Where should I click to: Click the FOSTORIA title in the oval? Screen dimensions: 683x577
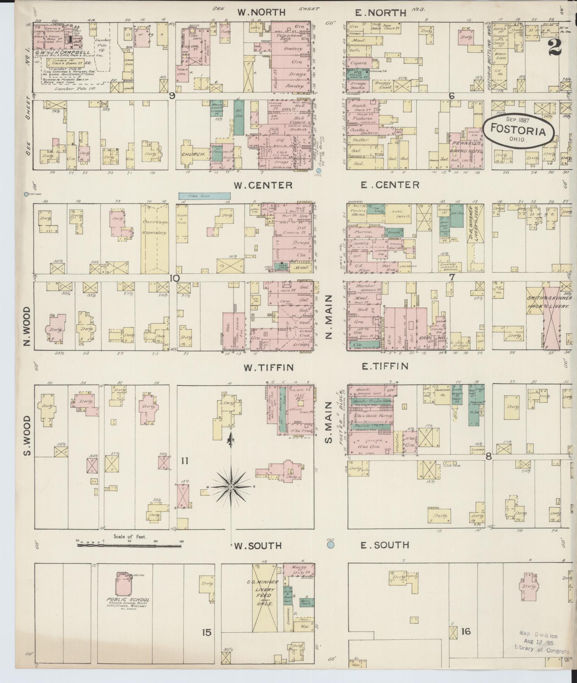(518, 131)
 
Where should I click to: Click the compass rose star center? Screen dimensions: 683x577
(231, 487)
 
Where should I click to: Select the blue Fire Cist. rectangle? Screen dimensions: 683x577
(205, 196)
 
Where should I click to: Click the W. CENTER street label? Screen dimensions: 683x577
(263, 185)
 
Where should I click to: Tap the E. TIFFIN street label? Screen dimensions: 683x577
(385, 366)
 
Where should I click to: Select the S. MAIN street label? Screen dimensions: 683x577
(329, 422)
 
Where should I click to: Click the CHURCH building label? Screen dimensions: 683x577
(194, 155)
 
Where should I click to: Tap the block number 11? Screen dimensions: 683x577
(185, 461)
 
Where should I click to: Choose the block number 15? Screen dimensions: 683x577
(207, 632)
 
